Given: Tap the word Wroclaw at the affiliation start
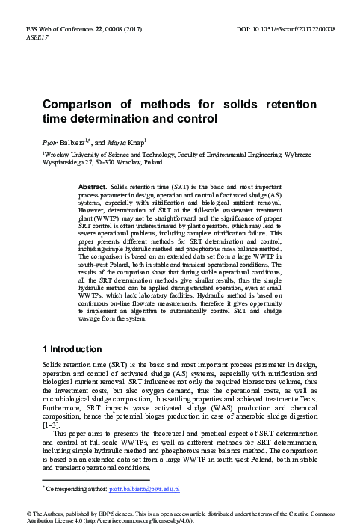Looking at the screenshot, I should (58, 153).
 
